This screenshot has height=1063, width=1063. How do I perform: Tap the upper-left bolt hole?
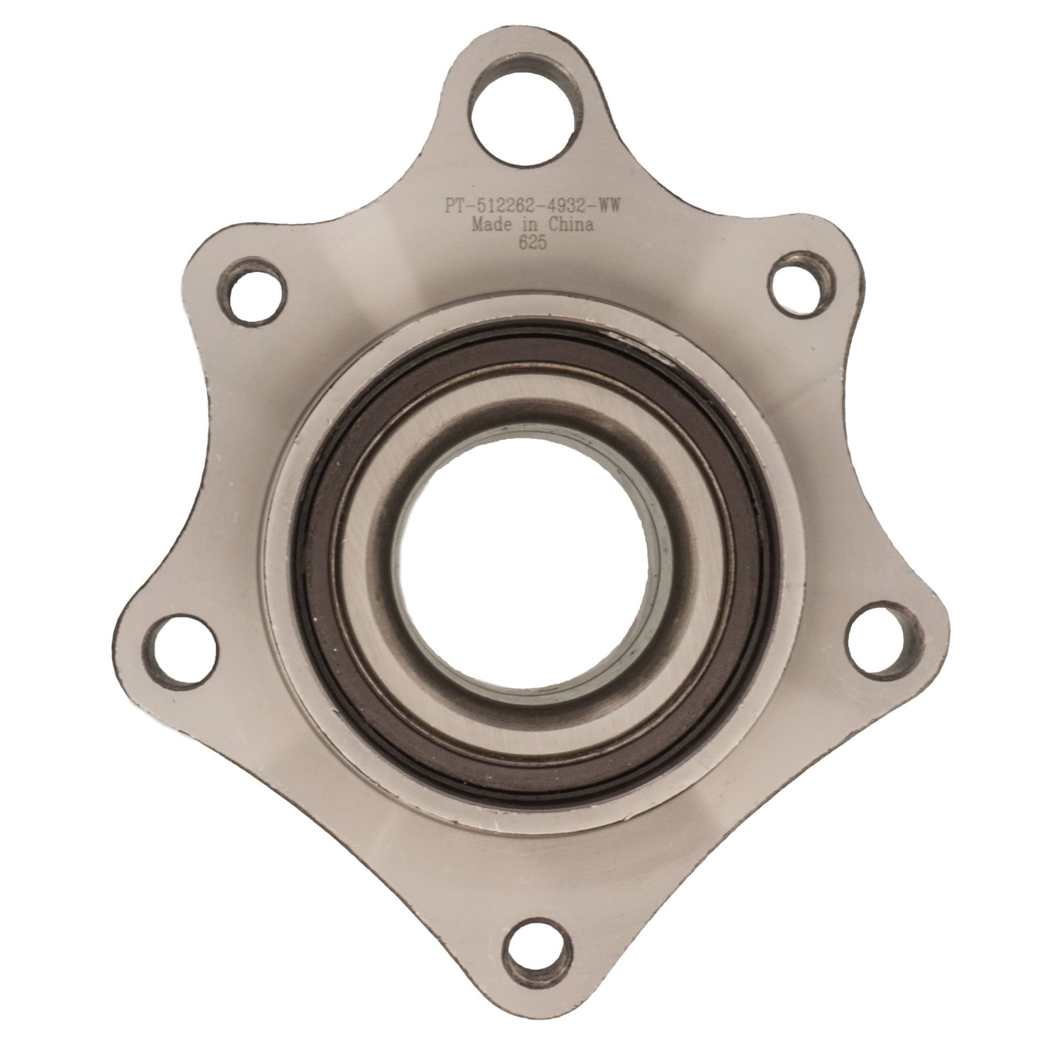252,293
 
